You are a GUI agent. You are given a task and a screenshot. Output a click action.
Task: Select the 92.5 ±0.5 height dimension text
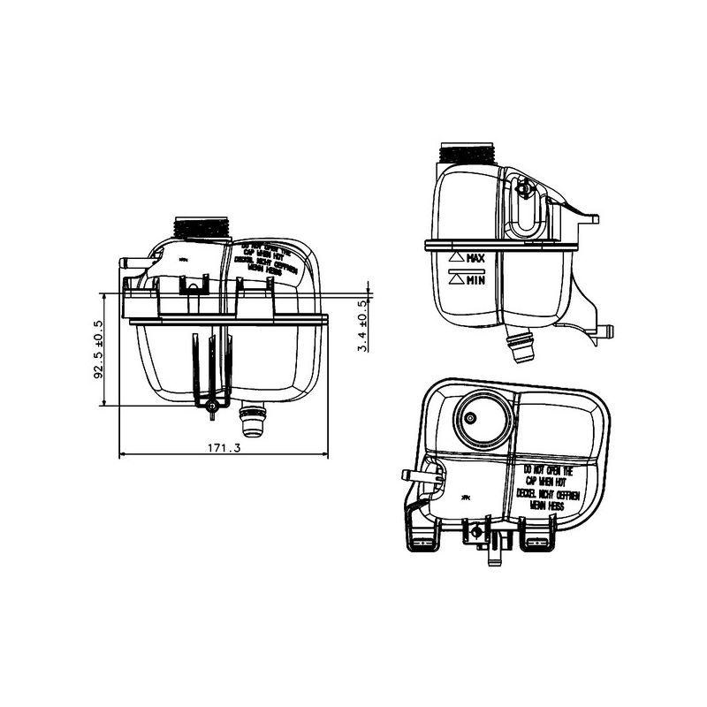99,349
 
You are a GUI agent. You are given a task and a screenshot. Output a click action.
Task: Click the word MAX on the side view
476,259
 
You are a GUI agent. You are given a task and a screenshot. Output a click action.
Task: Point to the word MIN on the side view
476,280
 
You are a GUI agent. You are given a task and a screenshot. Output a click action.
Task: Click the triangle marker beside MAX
457,257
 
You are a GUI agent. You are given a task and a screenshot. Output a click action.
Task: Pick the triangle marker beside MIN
457,279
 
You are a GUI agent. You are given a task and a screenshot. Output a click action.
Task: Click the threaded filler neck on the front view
202,226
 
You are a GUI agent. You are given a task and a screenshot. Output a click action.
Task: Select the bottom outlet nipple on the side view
521,347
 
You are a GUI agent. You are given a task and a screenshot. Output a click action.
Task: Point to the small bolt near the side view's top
524,187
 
